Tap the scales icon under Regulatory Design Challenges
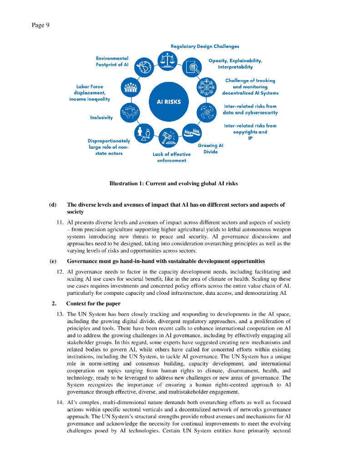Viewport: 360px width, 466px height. tap(165, 60)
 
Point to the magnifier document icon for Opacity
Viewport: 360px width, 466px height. tap(190, 68)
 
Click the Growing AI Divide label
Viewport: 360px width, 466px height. tap(210, 148)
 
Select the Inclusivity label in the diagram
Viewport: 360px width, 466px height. tap(101, 117)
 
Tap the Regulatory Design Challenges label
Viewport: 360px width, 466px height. tap(205, 46)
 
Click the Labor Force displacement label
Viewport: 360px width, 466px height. tap(90, 92)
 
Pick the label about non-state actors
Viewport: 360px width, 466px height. tap(109, 147)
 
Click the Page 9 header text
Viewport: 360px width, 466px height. tap(41, 25)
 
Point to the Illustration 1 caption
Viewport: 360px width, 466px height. tap(173, 183)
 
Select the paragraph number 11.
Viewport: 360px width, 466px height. tap(60, 222)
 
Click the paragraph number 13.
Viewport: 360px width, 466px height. tap(60, 314)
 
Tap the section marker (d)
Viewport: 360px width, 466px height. tap(53, 205)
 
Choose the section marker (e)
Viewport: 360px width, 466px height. tap(53, 261)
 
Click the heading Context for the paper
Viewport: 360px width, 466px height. tap(93, 304)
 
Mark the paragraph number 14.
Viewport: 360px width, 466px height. tap(60, 402)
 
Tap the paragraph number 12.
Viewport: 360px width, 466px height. tap(60, 272)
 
